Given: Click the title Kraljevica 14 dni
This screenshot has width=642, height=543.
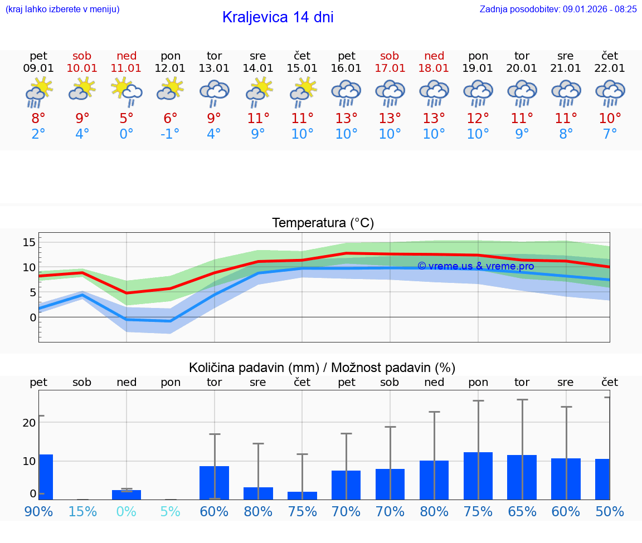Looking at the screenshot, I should click(278, 17).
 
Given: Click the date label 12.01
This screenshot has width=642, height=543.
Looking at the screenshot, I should click(170, 68).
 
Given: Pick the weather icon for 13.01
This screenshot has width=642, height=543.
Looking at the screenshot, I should click(215, 92).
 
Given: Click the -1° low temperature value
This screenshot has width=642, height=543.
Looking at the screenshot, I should click(170, 134).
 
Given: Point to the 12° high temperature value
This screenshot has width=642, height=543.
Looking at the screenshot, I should click(478, 118).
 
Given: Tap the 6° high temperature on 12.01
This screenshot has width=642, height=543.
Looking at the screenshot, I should click(170, 118).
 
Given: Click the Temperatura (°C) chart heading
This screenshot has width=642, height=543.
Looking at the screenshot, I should click(323, 223).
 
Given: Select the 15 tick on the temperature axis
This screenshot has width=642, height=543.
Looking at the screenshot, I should click(29, 242).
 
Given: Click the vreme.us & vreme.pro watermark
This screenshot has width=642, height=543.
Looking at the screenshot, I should click(475, 266).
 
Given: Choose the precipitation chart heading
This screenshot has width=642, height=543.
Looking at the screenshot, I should click(322, 368).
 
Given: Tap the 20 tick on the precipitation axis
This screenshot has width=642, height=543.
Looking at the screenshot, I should click(29, 422).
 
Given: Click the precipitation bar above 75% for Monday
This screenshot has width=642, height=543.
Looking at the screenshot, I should click(478, 476).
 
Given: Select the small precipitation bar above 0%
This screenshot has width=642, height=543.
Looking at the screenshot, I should click(127, 495).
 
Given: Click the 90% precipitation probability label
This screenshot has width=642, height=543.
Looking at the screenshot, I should click(38, 512).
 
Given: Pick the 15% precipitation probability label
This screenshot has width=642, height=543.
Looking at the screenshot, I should click(82, 512).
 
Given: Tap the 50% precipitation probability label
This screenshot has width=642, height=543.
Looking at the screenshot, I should click(610, 512).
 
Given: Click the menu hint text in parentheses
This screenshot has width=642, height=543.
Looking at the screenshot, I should click(62, 9).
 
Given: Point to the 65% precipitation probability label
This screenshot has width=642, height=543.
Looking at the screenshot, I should click(522, 512).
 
